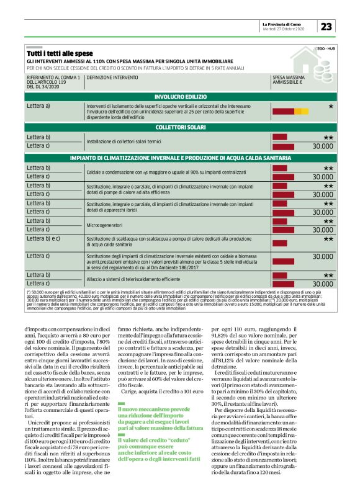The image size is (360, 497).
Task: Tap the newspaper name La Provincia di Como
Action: coord(285,23)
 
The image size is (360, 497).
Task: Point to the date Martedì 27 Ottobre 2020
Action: coord(283,29)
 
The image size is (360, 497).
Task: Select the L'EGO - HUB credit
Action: coord(325,48)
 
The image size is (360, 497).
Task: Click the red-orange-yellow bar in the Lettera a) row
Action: coord(290,111)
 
